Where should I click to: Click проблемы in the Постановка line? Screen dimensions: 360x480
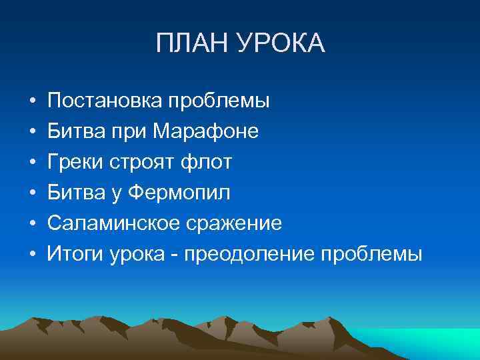pyautogui.click(x=219, y=101)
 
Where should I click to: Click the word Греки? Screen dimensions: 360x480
pyautogui.click(x=72, y=162)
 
